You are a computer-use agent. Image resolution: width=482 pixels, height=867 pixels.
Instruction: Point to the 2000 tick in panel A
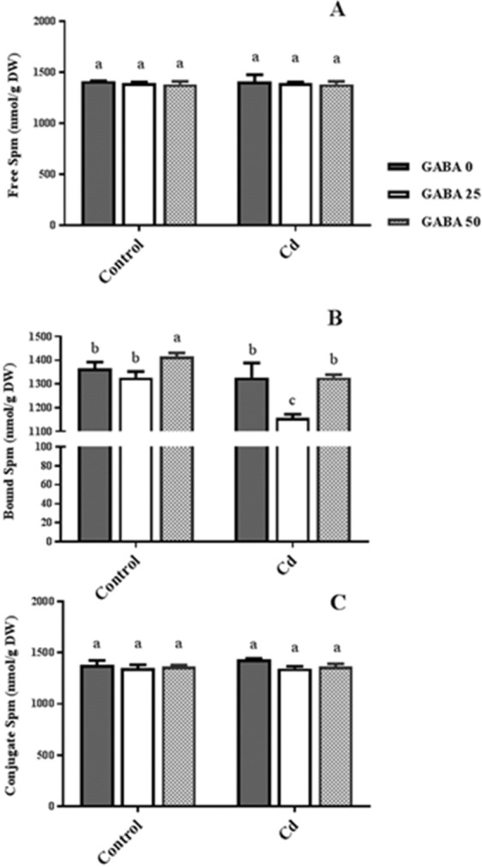pyautogui.click(x=56, y=21)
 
